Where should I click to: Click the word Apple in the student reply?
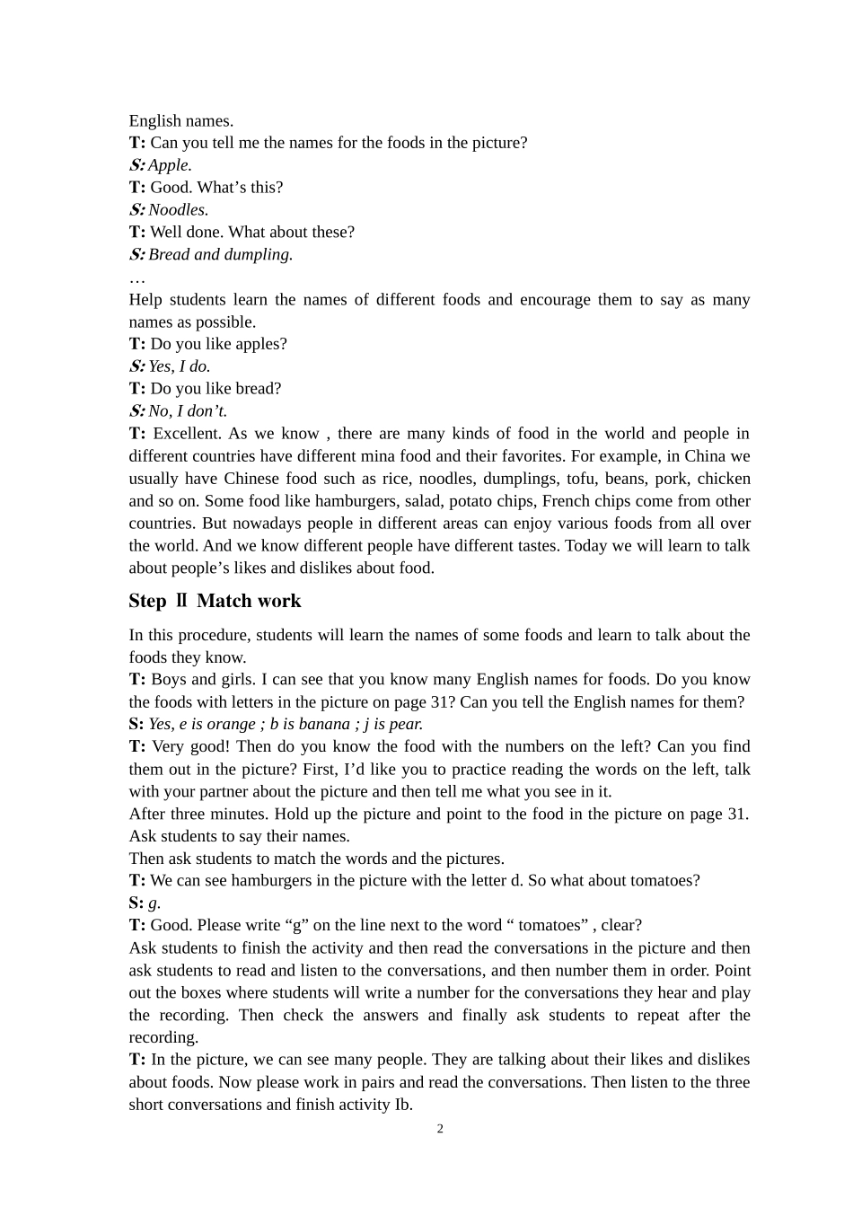(x=169, y=165)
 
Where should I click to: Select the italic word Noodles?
(x=177, y=210)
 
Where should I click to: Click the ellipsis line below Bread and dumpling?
(x=136, y=278)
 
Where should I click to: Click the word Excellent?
(x=187, y=434)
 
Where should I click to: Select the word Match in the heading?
(x=224, y=601)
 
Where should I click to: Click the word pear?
(x=406, y=725)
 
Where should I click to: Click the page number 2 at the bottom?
(x=440, y=1129)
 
